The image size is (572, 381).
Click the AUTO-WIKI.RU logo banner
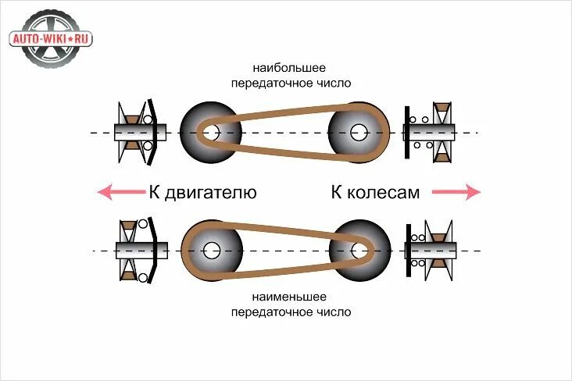pyautogui.click(x=51, y=37)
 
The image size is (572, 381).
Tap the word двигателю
pyautogui.click(x=212, y=192)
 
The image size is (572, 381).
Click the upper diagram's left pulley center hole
pyautogui.click(x=209, y=133)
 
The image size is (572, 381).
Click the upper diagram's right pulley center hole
pyautogui.click(x=359, y=133)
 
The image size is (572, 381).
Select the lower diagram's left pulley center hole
pyautogui.click(x=210, y=251)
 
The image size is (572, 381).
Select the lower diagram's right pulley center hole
pyautogui.click(x=359, y=251)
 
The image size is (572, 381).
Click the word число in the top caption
pyautogui.click(x=332, y=82)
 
